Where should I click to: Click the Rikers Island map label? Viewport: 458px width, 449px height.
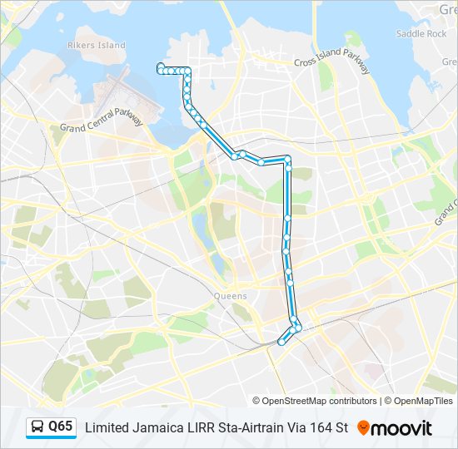pos(96,45)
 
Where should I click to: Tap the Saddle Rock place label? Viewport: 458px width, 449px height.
pos(421,34)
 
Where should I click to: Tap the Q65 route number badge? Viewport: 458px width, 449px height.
pos(61,427)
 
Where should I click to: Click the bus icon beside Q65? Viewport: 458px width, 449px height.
pos(37,427)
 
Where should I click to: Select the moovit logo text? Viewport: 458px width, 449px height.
pos(402,428)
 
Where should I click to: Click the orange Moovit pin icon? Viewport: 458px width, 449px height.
pos(363,427)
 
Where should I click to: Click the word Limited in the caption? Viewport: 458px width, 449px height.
pos(108,427)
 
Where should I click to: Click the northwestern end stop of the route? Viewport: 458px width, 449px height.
pos(161,67)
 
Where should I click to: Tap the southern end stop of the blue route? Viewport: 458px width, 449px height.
pos(281,341)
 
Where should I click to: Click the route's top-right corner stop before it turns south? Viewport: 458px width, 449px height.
pos(287,158)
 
